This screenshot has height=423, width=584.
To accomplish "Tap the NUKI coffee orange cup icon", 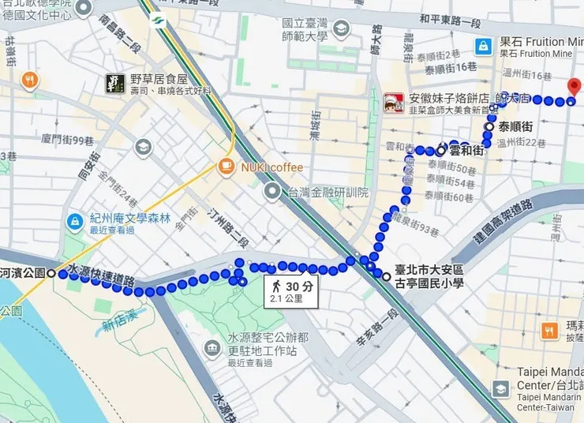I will click(226, 167).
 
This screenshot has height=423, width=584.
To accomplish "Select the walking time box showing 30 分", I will click(290, 292).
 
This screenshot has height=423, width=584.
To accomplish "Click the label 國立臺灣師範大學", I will click(305, 30).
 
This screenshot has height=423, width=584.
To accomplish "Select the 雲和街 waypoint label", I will click(466, 150).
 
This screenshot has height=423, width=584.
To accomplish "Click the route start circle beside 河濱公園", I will click(51, 273).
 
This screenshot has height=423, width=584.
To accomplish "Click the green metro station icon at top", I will click(156, 21).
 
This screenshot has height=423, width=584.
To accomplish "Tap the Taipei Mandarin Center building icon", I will click(501, 388).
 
